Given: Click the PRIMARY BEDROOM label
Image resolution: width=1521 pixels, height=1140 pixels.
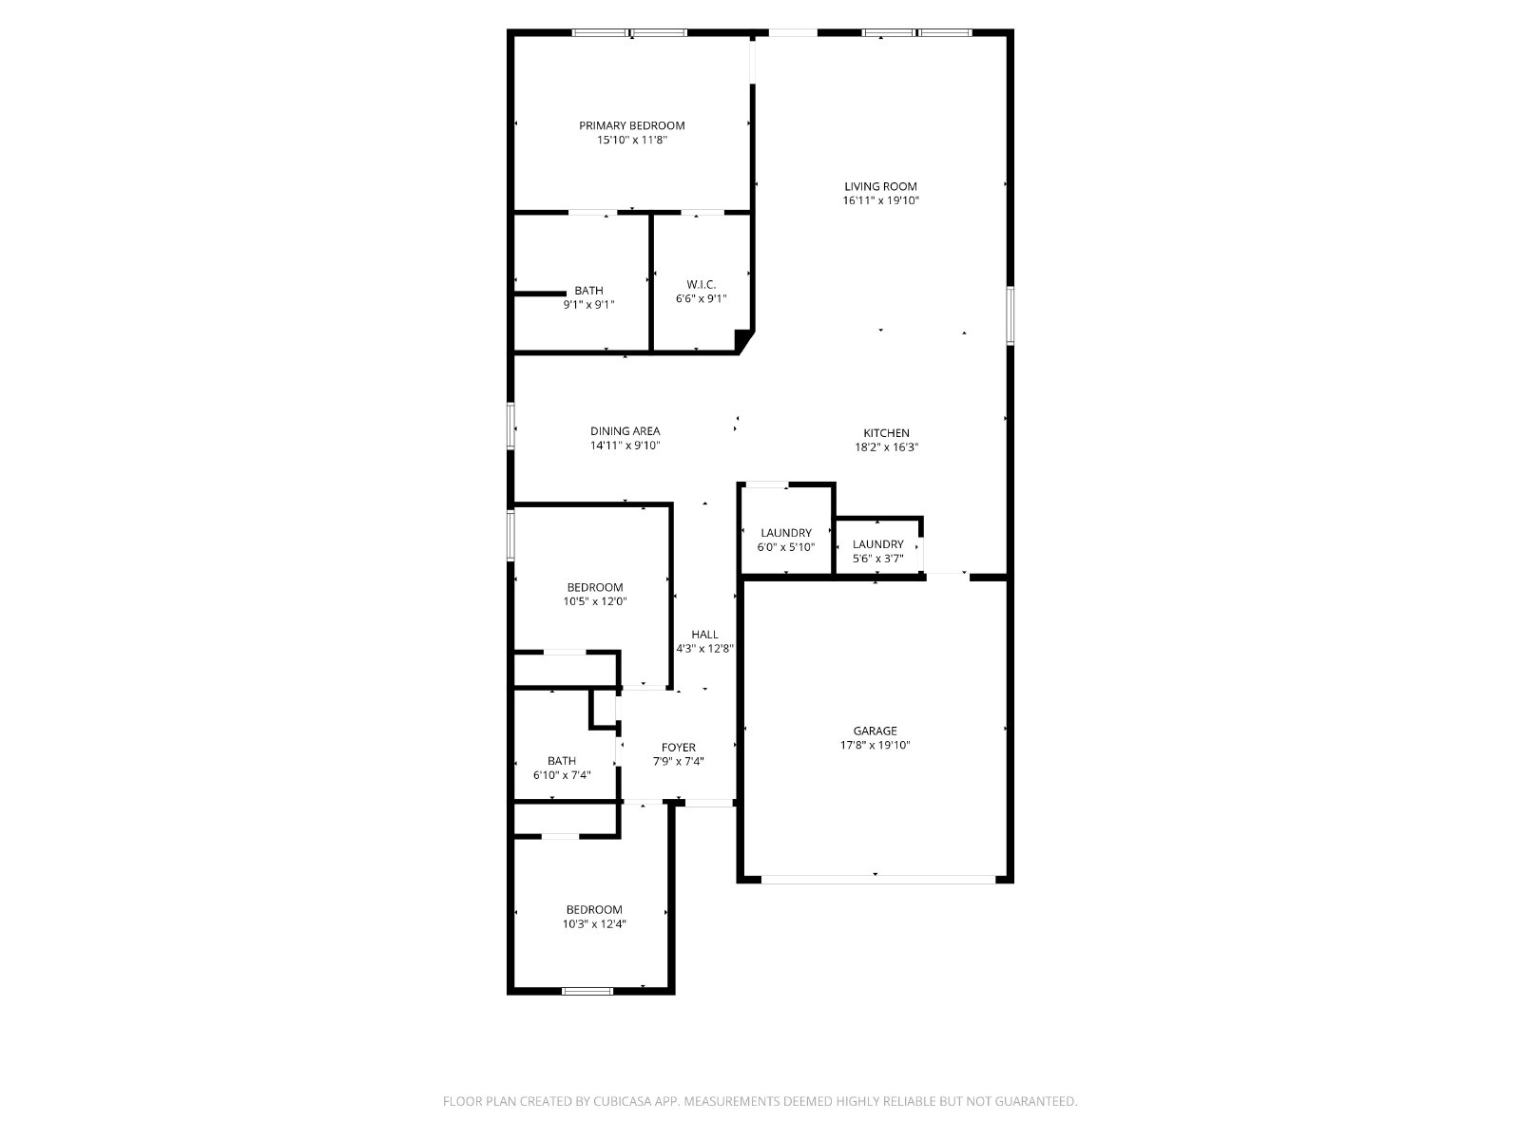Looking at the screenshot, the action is point(631,125).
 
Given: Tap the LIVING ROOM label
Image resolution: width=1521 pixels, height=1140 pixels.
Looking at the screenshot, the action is point(880,186).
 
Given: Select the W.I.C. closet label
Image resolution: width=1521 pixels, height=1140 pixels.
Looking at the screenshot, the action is point(701,284).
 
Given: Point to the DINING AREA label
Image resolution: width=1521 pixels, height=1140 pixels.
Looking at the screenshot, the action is point(625,430).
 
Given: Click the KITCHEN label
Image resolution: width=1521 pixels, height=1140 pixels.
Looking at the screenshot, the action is point(886,432).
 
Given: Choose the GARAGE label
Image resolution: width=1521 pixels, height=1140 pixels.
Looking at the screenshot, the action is point(875,731).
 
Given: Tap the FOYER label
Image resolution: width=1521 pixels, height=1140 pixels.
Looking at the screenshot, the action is point(678,747).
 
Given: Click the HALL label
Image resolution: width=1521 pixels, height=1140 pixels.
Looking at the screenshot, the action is point(704,634).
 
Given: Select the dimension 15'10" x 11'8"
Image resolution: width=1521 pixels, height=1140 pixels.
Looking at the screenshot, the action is point(631,140).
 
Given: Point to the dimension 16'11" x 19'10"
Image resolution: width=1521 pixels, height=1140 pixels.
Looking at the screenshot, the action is point(880,200).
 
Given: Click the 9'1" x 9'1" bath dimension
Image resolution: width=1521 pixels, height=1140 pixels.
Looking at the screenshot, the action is point(588,305).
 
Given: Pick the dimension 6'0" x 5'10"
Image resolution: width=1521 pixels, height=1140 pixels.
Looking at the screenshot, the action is point(785,547).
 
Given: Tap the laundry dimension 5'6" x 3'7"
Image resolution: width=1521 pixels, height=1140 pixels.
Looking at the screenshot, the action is point(877,559).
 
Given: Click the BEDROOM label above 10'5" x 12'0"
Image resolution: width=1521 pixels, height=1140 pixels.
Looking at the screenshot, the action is point(594,587).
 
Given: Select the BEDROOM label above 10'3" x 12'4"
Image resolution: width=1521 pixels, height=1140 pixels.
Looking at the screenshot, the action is point(594,909).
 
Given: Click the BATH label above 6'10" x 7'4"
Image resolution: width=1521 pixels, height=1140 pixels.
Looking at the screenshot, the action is point(561,761).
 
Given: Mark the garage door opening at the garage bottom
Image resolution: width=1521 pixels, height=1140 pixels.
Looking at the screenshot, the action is point(878,879).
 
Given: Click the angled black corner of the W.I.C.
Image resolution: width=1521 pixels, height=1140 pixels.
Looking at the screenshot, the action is point(743,340).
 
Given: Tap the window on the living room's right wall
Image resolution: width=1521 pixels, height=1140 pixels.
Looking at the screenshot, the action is point(1010,315).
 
